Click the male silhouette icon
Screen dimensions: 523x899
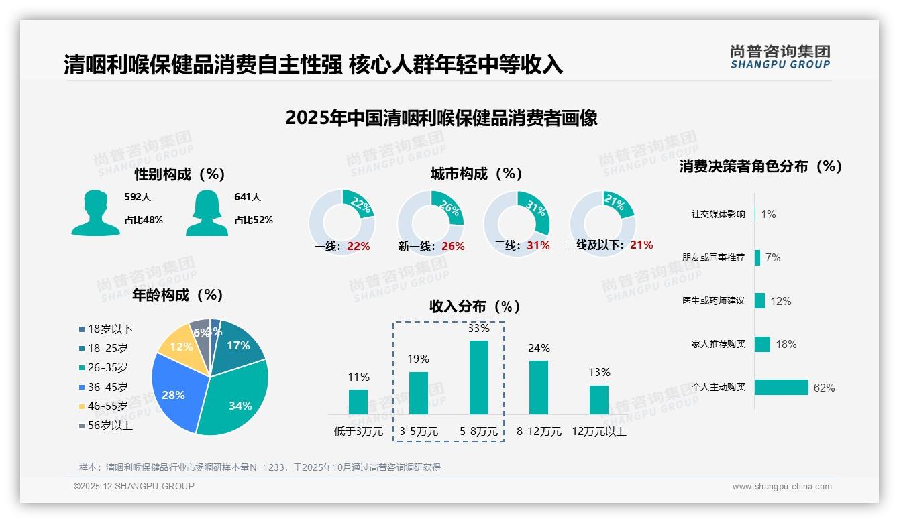tap(95, 213)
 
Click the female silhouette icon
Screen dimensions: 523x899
tap(207, 213)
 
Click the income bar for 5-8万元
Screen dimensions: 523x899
tap(478, 377)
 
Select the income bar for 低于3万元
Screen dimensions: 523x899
tap(358, 402)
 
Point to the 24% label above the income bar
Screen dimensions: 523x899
tap(539, 348)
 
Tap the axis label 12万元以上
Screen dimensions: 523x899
tap(599, 432)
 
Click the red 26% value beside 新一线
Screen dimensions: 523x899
tap(453, 246)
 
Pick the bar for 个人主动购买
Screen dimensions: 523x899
tap(782, 388)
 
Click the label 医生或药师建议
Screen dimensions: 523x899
tap(713, 301)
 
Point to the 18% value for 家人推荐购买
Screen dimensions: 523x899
tap(786, 344)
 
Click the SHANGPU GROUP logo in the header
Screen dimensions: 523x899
tap(780, 57)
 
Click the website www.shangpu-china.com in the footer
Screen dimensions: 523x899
tap(782, 487)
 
